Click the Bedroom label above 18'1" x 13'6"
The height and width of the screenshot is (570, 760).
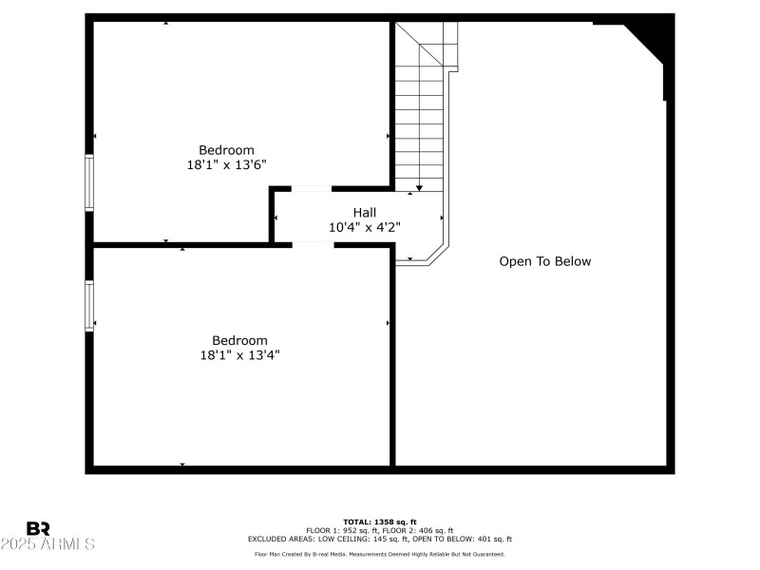[x=226, y=150]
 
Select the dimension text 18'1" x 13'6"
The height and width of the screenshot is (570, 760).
[x=226, y=164]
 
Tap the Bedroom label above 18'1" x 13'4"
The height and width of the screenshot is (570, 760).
[x=239, y=340]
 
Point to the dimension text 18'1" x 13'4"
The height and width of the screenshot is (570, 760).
[x=239, y=354]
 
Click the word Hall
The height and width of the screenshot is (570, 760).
[x=365, y=213]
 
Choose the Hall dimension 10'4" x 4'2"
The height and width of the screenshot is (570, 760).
[x=365, y=227]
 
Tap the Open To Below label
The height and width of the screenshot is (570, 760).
[x=544, y=261]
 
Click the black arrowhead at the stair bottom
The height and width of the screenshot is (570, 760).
[x=419, y=188]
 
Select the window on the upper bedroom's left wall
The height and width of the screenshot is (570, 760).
[x=89, y=181]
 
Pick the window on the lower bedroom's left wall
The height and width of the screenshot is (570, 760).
[x=89, y=305]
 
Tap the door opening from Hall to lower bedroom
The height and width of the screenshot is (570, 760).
[x=313, y=244]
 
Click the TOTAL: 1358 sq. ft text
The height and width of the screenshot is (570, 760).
[x=380, y=522]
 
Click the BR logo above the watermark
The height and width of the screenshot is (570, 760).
[x=38, y=528]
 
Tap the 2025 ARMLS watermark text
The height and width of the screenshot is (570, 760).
[x=47, y=544]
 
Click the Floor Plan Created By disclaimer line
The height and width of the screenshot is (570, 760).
[x=380, y=554]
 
